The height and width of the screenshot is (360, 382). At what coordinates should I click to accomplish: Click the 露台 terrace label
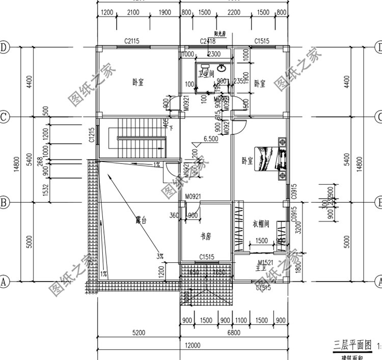(x=141, y=220)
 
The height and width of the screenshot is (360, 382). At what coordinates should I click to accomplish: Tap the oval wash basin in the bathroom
(x=223, y=67)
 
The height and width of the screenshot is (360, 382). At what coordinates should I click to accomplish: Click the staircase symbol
(x=138, y=137)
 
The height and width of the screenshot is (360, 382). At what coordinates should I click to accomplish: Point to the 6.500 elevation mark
(x=211, y=138)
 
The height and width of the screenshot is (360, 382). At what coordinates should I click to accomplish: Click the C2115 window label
(x=132, y=41)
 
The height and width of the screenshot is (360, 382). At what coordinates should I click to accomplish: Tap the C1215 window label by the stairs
(x=92, y=137)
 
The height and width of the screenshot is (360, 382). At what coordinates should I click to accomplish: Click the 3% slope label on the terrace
(x=160, y=255)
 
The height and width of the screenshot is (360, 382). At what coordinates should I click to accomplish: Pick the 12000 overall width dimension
(x=192, y=345)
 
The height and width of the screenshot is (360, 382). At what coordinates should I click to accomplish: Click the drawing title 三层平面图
(x=351, y=345)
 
